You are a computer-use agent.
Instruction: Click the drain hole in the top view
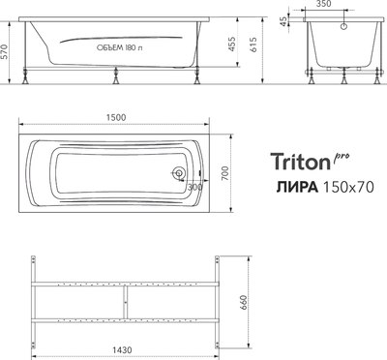[178, 174]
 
